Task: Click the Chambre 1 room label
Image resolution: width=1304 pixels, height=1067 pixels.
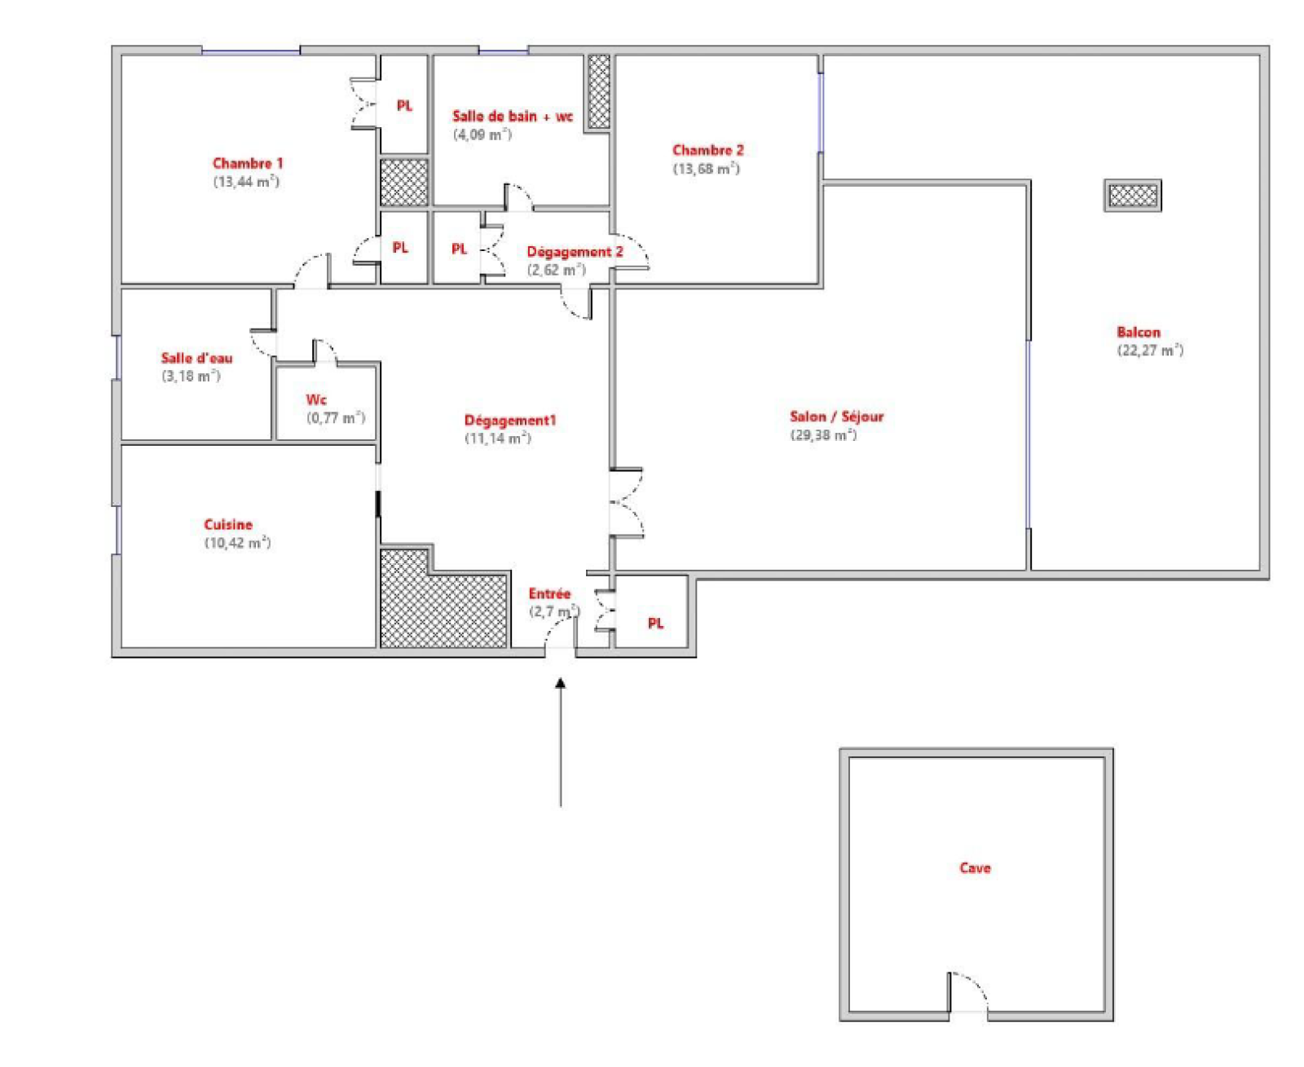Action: click(x=247, y=163)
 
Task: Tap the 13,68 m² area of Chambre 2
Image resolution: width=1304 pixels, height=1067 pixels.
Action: click(x=706, y=169)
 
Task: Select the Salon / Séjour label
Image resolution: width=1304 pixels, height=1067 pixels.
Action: click(x=836, y=417)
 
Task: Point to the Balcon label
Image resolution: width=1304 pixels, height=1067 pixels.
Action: click(x=1139, y=332)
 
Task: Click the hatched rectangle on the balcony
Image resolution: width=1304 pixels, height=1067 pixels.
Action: click(x=1132, y=196)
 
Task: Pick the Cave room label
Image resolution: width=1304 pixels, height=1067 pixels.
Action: click(x=975, y=868)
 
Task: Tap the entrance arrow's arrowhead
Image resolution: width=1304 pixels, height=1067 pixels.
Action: click(x=560, y=683)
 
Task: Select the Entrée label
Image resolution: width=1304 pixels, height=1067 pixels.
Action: click(x=549, y=593)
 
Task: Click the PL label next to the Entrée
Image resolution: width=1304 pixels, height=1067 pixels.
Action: click(x=655, y=624)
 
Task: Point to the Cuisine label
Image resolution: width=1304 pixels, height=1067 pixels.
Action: click(x=228, y=524)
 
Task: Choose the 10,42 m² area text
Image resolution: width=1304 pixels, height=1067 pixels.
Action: click(x=237, y=543)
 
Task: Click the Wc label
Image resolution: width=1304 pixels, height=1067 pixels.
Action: click(x=316, y=399)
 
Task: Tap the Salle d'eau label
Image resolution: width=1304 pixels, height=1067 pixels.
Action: click(x=196, y=358)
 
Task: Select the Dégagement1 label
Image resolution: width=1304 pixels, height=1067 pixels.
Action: click(x=510, y=420)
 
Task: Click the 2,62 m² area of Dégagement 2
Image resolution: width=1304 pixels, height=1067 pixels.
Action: click(x=556, y=271)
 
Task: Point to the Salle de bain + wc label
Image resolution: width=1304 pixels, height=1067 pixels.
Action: click(x=513, y=116)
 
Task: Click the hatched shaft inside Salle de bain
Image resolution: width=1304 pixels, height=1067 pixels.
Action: click(x=598, y=91)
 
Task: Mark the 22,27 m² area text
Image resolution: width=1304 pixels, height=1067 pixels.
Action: click(x=1149, y=351)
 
